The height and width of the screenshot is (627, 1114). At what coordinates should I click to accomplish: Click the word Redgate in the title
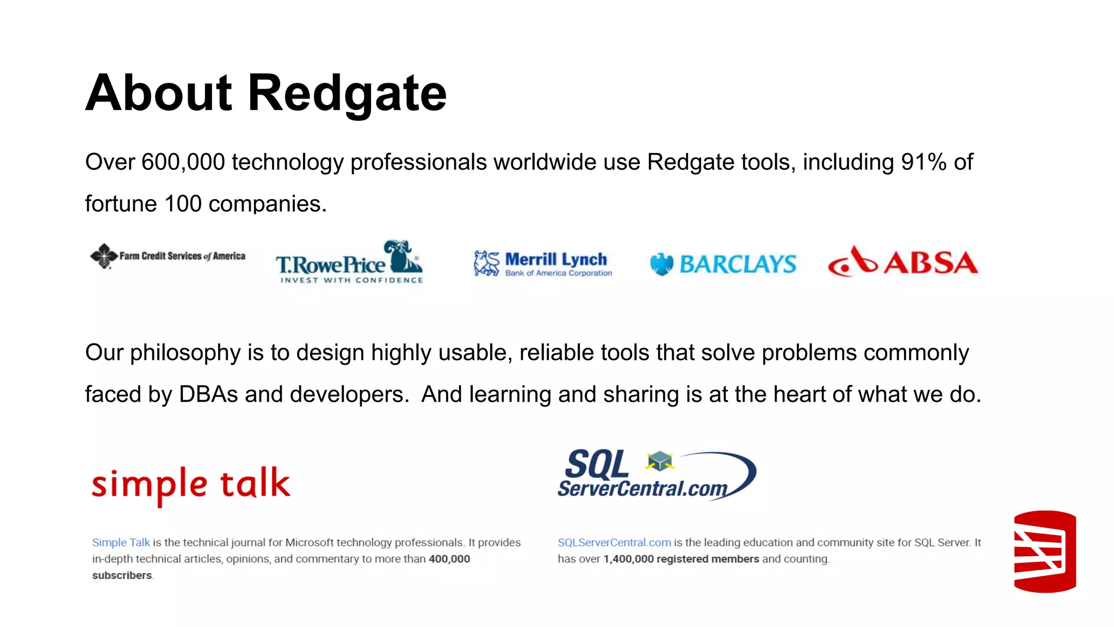347,94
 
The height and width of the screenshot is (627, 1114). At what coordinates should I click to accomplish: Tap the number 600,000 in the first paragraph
183,162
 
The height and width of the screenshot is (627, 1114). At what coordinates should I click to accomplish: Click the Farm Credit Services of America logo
168,256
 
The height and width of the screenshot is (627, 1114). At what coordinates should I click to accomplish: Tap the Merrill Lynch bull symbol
486,263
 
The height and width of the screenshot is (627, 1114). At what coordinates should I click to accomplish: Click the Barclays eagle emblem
661,264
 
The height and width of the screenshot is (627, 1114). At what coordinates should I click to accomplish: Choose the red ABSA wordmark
931,263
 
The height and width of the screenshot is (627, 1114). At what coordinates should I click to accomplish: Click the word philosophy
185,353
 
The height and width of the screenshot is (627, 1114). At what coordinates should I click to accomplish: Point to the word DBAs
208,395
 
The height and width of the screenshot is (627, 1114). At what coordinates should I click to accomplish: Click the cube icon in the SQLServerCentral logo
660,461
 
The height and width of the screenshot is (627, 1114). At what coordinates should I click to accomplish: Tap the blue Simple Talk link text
121,543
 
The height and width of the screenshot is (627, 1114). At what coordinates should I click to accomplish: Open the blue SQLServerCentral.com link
614,543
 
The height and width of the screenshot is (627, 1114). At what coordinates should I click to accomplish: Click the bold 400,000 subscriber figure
449,559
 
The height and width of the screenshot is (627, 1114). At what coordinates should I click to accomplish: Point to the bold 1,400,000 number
628,559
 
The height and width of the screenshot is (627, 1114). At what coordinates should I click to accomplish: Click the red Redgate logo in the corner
1044,551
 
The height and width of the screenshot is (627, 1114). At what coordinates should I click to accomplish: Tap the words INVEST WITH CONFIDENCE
351,280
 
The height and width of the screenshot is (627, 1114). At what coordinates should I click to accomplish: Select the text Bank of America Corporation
559,273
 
